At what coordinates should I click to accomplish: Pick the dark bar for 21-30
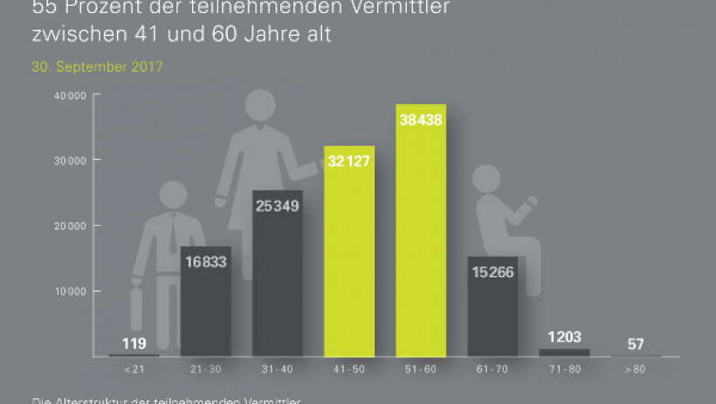(x=206, y=306)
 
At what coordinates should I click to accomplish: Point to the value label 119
(x=134, y=343)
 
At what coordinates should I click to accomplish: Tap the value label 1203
(x=564, y=337)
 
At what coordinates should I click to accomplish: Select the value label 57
(x=636, y=343)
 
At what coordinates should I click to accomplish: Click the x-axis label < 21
(x=134, y=371)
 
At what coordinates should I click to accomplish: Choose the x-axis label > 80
(x=636, y=371)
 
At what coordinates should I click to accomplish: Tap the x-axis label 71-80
(x=564, y=371)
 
